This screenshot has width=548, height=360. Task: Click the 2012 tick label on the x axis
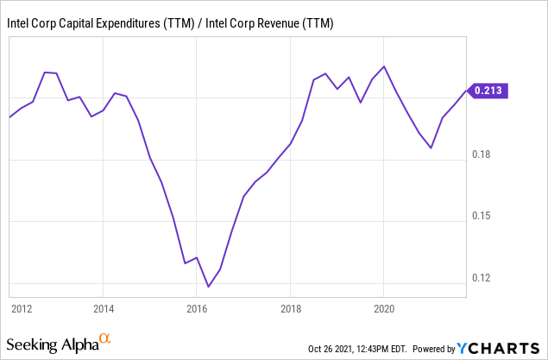22,306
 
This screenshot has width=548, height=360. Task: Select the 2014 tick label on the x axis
103,306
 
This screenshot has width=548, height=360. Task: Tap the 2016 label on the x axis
197,306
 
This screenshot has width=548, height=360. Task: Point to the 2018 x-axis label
291,306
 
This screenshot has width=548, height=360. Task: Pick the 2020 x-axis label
384,306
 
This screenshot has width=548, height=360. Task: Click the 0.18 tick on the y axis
482,155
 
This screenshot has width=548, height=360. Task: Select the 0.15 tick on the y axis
482,216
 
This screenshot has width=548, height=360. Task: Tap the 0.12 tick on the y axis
482,278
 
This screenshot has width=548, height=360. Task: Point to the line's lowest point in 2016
208,287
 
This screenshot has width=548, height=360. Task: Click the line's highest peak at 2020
384,66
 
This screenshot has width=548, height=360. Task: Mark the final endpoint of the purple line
466,90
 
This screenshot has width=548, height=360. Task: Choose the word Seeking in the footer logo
35,345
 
